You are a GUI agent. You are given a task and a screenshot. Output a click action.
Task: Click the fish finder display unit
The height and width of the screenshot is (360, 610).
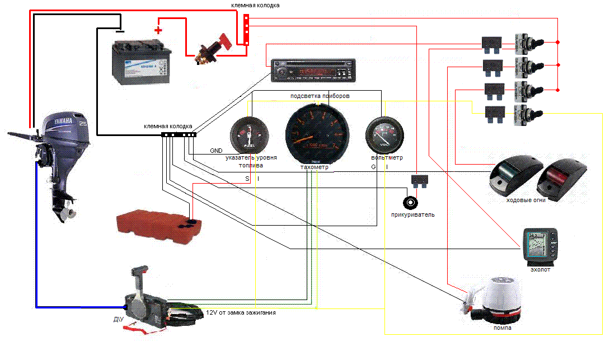540,246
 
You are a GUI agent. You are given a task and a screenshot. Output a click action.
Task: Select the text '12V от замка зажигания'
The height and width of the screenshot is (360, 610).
240,312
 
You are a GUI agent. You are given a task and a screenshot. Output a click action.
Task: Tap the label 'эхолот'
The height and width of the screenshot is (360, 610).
540,270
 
